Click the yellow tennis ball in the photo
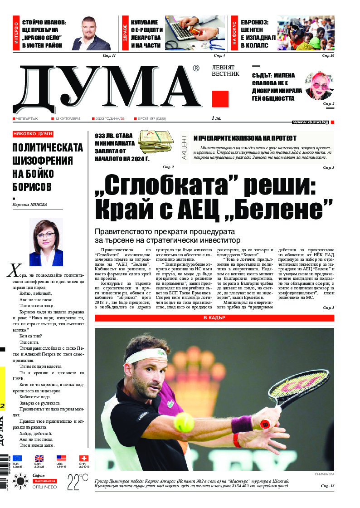click(184, 422)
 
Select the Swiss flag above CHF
click(84, 458)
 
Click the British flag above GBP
click(39, 458)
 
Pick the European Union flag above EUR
click(17, 458)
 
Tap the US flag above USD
click(61, 458)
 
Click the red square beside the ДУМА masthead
click(220, 99)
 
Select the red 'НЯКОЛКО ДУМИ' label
click(33, 134)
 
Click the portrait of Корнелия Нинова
click(46, 242)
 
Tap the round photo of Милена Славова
click(319, 86)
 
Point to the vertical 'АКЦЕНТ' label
click(185, 147)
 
